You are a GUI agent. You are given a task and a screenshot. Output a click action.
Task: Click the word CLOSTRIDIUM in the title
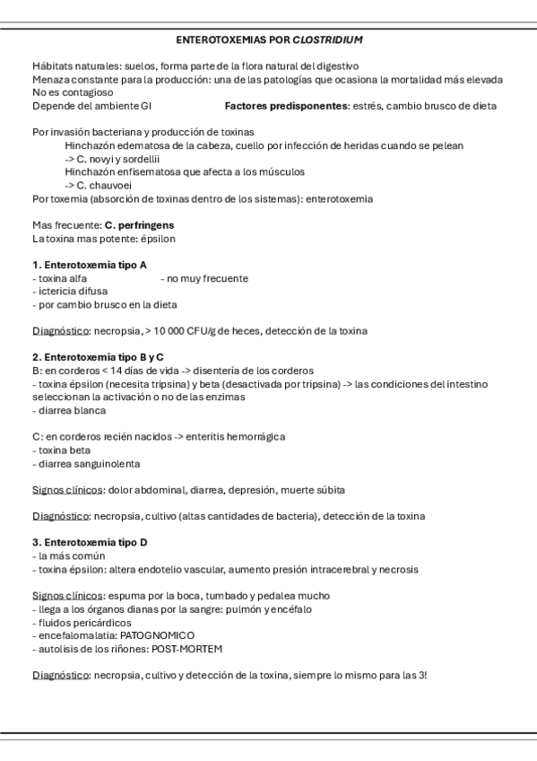coord(329,40)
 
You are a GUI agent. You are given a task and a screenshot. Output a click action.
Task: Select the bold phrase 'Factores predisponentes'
coord(286,106)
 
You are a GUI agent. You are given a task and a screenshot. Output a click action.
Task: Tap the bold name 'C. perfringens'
coord(139,224)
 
